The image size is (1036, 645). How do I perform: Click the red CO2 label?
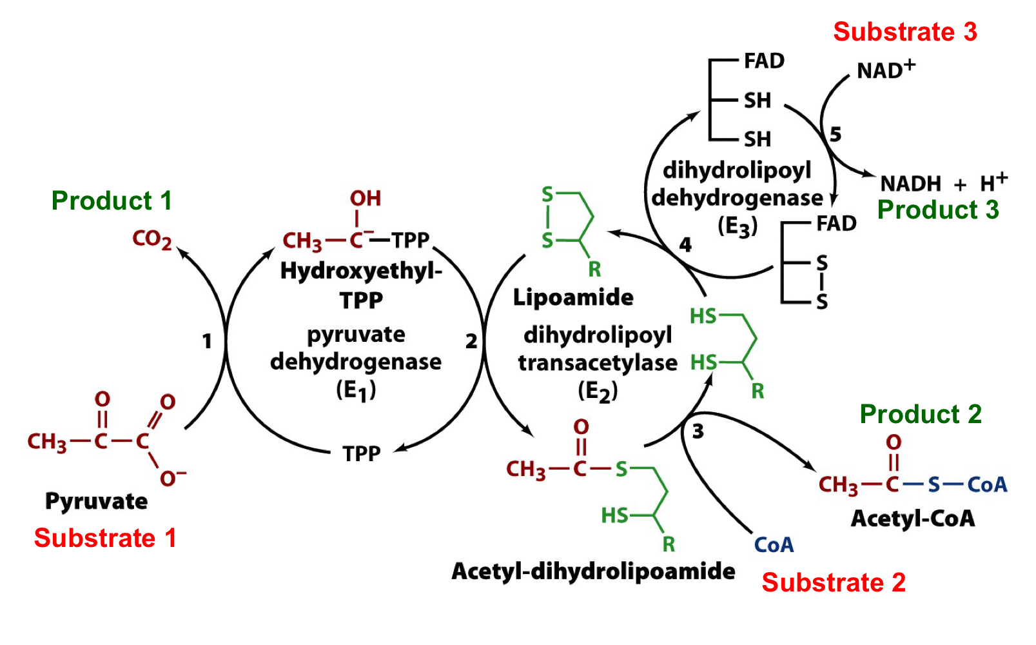pyautogui.click(x=151, y=240)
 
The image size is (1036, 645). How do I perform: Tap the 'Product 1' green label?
pyautogui.click(x=112, y=201)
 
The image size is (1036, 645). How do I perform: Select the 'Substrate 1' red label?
pyautogui.click(x=105, y=538)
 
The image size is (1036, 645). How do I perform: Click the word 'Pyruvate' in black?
pyautogui.click(x=96, y=501)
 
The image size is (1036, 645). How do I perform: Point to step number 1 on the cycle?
pyautogui.click(x=206, y=341)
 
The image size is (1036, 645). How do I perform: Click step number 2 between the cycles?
pyautogui.click(x=471, y=341)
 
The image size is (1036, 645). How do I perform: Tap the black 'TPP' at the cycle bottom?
pyautogui.click(x=361, y=453)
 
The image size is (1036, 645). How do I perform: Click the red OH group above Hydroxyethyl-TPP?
pyautogui.click(x=365, y=199)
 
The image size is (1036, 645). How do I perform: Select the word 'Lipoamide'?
pyautogui.click(x=572, y=297)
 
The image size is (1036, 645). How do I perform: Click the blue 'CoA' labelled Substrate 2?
pyautogui.click(x=774, y=545)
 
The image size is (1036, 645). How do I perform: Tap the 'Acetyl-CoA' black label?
pyautogui.click(x=912, y=519)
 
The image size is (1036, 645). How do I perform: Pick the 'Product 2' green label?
pyautogui.click(x=920, y=414)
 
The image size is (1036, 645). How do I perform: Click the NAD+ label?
pyautogui.click(x=885, y=69)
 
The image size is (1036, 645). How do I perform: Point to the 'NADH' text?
pyautogui.click(x=910, y=184)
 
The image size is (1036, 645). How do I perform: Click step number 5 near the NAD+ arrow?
pyautogui.click(x=836, y=135)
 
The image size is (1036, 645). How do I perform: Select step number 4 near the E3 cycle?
pyautogui.click(x=685, y=245)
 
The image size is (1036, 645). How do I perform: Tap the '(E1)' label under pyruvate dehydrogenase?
pyautogui.click(x=355, y=390)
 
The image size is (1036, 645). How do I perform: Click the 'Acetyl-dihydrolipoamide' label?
pyautogui.click(x=592, y=571)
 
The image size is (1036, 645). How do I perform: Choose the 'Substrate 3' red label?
pyautogui.click(x=904, y=32)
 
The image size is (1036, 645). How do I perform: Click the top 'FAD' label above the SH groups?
pyautogui.click(x=764, y=61)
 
